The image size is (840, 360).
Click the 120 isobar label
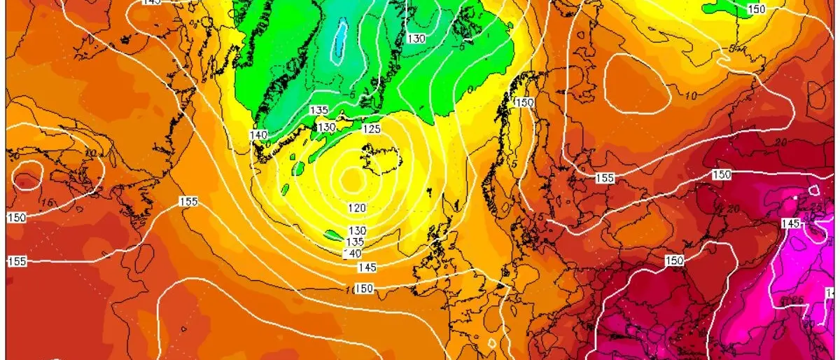point(357,208)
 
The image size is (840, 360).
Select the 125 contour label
point(371,129)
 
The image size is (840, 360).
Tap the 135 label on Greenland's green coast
point(319,111)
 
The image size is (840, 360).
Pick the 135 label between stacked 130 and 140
point(356,242)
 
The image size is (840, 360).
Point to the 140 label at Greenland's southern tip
point(259,134)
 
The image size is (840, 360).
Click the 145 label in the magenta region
point(789,223)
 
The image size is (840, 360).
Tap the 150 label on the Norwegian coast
point(524,102)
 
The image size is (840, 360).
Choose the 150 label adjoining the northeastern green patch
point(757,9)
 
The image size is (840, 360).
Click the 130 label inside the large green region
point(416,39)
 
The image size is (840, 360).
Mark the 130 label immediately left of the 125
point(326,127)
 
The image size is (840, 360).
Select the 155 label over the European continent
point(605,179)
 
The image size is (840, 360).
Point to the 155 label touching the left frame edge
point(17,261)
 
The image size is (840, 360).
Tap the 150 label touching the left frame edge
point(17,217)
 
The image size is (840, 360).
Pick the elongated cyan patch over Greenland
point(340,41)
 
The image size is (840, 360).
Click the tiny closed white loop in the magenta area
point(815,190)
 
